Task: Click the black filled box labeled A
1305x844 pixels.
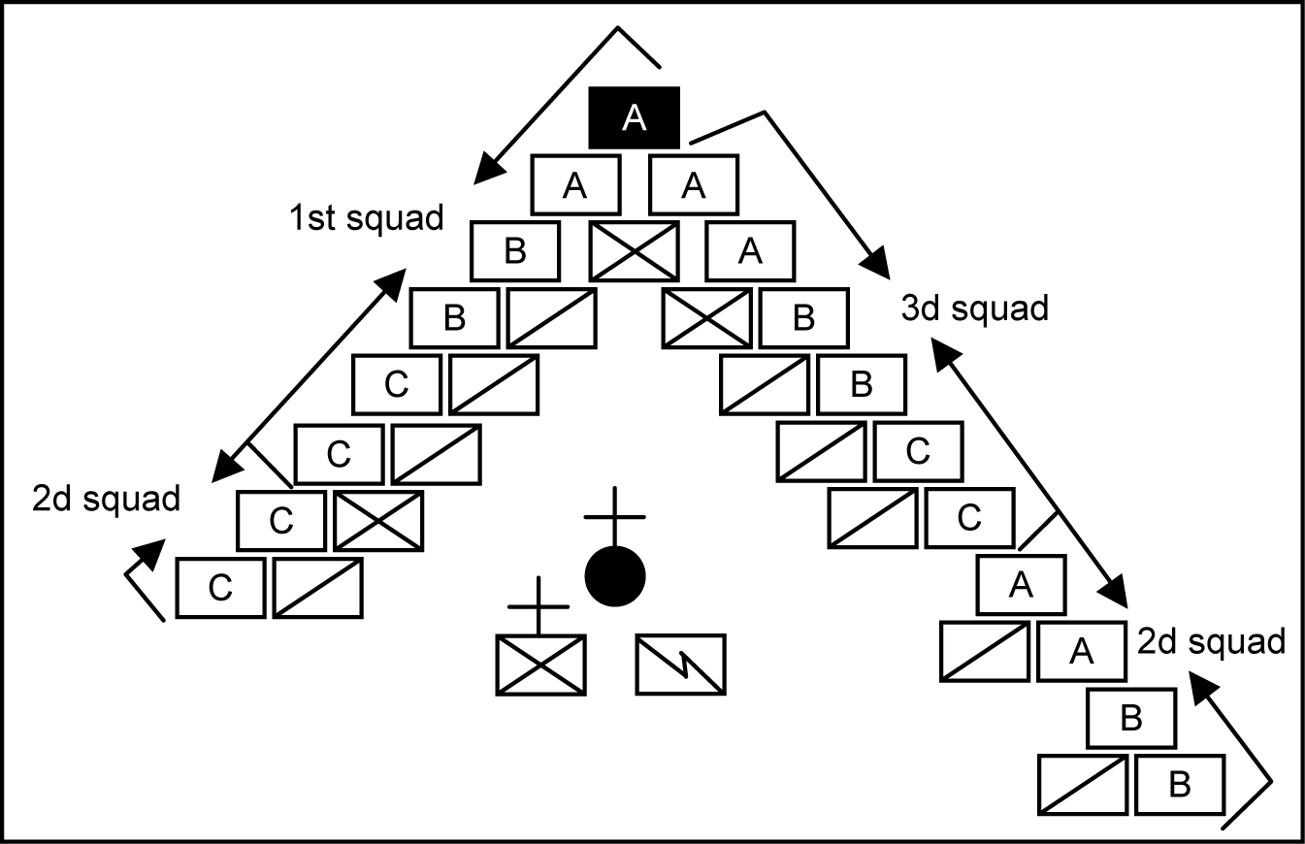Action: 635,117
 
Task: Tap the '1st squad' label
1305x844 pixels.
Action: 365,218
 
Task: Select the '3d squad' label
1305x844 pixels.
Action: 975,308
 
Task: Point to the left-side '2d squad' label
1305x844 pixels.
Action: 106,499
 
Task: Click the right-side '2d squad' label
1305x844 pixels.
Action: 1211,641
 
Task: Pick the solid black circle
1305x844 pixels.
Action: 615,575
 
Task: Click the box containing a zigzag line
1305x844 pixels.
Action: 681,664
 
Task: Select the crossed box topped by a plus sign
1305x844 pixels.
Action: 540,664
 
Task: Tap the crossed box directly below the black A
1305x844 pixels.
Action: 634,250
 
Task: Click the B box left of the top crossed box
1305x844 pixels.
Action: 514,250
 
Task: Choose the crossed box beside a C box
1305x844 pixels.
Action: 378,521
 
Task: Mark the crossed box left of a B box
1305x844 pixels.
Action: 706,318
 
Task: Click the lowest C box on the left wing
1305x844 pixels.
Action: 220,588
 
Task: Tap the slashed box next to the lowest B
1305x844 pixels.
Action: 1083,784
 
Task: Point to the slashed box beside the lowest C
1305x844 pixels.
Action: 318,588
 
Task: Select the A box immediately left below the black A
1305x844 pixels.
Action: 575,185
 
